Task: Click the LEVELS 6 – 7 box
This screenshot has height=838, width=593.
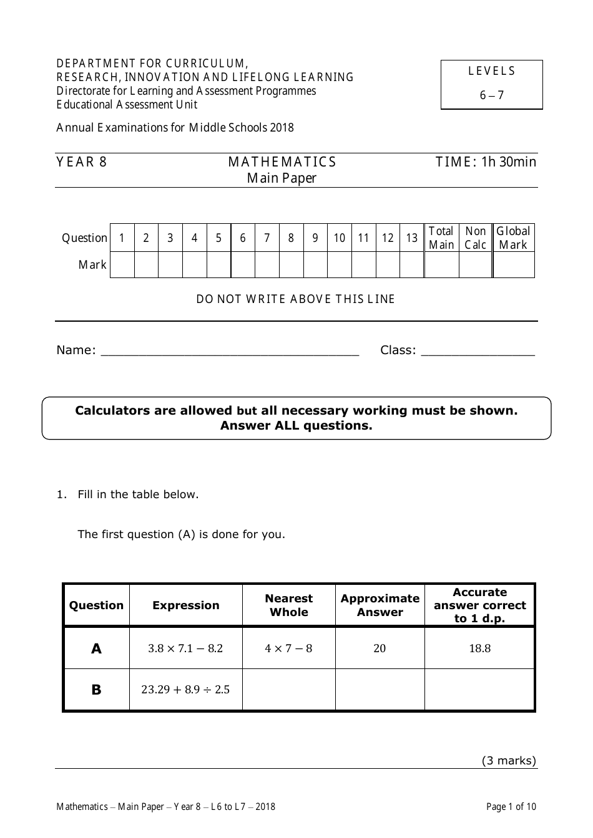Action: pyautogui.click(x=492, y=84)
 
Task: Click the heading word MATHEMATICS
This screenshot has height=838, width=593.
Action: pyautogui.click(x=282, y=162)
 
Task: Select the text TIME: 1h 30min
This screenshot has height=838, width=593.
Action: pyautogui.click(x=486, y=162)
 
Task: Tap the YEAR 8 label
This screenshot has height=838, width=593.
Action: pyautogui.click(x=82, y=162)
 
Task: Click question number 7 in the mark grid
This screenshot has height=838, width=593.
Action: pyautogui.click(x=267, y=238)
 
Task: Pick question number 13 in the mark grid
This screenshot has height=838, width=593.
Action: pyautogui.click(x=412, y=238)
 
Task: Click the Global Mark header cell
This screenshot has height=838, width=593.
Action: pyautogui.click(x=513, y=238)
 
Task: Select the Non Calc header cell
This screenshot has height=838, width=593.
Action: pyautogui.click(x=476, y=238)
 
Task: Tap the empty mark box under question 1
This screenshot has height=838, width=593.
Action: pyautogui.click(x=122, y=265)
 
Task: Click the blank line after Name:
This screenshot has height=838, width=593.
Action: pyautogui.click(x=230, y=351)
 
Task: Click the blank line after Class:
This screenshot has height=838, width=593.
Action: pyautogui.click(x=478, y=351)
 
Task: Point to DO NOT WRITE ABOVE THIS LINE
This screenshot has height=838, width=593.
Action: pyautogui.click(x=296, y=299)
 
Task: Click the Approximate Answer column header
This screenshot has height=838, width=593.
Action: pyautogui.click(x=380, y=605)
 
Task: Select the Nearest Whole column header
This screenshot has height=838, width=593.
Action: pyautogui.click(x=289, y=605)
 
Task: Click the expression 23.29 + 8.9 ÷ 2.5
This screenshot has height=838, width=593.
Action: pyautogui.click(x=185, y=690)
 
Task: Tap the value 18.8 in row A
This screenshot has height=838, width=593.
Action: pyautogui.click(x=480, y=648)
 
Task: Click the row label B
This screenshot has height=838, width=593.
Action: pyautogui.click(x=96, y=690)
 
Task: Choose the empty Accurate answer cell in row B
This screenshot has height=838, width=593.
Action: pyautogui.click(x=480, y=690)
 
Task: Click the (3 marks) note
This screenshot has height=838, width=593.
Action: pyautogui.click(x=509, y=761)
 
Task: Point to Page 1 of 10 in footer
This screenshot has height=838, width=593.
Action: pyautogui.click(x=511, y=807)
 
